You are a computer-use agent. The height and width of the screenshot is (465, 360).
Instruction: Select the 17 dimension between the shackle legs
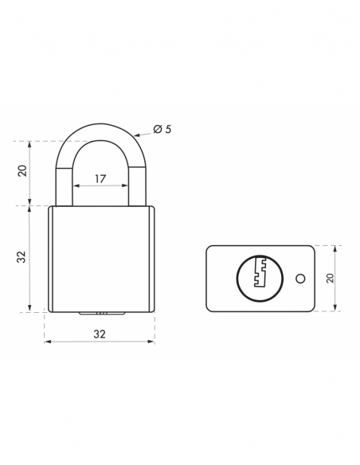click(x=100, y=178)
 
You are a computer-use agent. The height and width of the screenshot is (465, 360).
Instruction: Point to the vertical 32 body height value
click(x=22, y=257)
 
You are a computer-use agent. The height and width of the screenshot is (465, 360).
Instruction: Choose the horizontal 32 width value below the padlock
click(x=100, y=334)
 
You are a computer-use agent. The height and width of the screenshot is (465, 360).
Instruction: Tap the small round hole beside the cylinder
click(x=299, y=278)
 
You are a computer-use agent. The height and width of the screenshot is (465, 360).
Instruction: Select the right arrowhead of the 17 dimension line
click(x=127, y=186)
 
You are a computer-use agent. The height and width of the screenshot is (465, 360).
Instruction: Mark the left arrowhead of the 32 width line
click(x=46, y=342)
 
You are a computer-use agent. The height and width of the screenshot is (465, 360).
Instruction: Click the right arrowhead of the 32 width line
click(x=154, y=342)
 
